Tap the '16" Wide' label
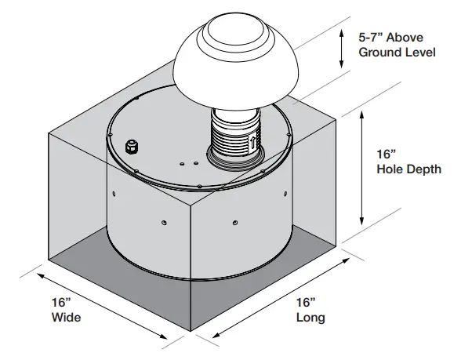pos(65,311)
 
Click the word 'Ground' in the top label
pos(379,53)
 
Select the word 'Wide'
pos(66,318)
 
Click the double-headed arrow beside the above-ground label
pos(341,47)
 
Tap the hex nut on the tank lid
pos(132,147)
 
